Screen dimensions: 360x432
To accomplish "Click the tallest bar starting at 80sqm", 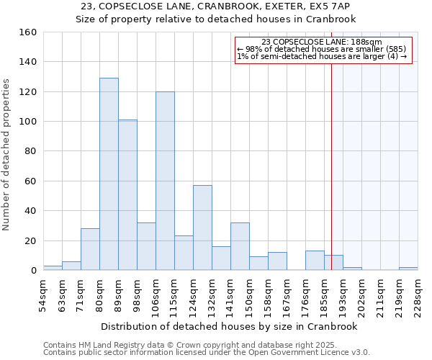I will (109, 174).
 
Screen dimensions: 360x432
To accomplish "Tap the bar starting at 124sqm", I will (202, 228).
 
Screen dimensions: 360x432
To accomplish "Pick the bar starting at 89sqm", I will (127, 194).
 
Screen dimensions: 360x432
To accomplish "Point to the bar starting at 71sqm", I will (90, 249).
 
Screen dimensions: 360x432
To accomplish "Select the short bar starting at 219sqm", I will (408, 269).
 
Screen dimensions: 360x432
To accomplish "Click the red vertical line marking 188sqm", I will (331, 158).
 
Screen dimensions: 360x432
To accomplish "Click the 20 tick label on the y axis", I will (30, 241).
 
